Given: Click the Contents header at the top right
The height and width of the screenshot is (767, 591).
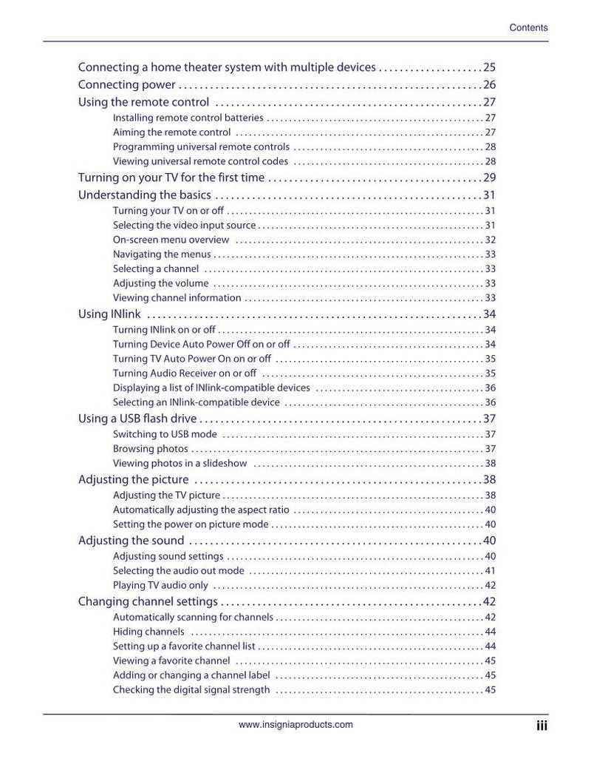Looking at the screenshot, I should [x=528, y=28].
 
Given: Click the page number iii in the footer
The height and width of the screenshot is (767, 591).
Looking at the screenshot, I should [x=542, y=726].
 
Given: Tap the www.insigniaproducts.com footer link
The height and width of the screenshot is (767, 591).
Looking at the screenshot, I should [x=295, y=725].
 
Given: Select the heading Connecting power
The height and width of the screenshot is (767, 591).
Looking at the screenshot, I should [x=126, y=84].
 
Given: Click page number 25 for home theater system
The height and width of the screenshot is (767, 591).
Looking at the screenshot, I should [x=489, y=67].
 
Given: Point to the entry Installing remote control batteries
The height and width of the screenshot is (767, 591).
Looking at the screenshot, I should [x=188, y=118].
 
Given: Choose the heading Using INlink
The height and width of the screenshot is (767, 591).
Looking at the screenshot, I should [x=104, y=314].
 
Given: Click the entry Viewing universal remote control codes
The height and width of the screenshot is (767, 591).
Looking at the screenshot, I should [x=200, y=161].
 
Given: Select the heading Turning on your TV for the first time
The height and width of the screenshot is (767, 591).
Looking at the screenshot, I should [x=171, y=178].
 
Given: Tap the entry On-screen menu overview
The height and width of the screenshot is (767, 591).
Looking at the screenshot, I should [x=171, y=240].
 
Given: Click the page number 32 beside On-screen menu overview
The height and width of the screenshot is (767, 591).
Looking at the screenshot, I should [x=490, y=240].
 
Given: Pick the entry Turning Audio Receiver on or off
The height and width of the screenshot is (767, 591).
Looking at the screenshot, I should [x=185, y=374].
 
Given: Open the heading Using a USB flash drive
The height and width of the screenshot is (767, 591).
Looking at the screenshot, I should [x=137, y=419].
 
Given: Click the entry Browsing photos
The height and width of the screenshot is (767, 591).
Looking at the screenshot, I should [x=150, y=449].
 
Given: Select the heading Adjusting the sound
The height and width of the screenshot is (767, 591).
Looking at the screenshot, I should [x=131, y=541].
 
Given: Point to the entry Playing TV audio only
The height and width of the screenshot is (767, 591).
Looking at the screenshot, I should [x=160, y=586].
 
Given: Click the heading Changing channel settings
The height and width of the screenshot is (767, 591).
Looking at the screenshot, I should [x=148, y=601].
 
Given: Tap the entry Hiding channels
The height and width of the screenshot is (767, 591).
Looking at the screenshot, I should [x=148, y=632].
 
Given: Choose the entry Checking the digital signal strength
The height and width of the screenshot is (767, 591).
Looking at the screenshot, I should [x=191, y=690].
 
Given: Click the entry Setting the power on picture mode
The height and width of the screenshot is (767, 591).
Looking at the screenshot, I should [x=191, y=524].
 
